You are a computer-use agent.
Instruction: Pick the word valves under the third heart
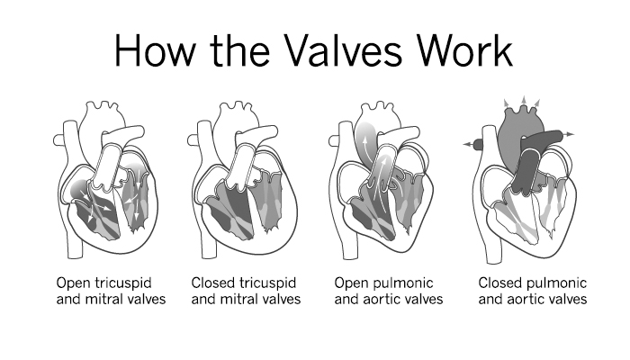click(x=422, y=299)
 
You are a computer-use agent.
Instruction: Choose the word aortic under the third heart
click(x=378, y=299)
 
